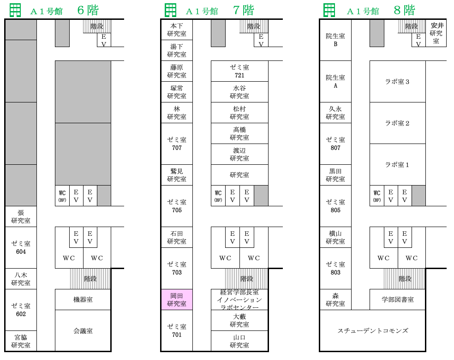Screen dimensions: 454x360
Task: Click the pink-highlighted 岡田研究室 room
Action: tap(177, 300)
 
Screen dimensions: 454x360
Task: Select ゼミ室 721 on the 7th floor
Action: tap(239, 71)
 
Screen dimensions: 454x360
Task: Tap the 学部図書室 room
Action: tap(398, 300)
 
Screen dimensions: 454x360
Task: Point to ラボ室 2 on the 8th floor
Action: tap(398, 123)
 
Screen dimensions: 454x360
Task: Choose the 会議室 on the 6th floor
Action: tap(83, 331)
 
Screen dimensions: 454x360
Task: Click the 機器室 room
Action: tap(83, 300)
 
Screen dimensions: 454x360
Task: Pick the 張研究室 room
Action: tap(21, 216)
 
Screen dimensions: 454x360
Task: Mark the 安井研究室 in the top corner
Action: tap(436, 33)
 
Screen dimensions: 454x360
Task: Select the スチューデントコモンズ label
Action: tap(373, 331)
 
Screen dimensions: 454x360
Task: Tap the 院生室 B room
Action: tap(335, 40)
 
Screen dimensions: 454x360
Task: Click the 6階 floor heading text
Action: tap(88, 11)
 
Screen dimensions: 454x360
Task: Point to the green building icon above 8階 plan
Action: tap(329, 10)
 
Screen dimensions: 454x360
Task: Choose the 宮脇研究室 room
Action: tap(21, 341)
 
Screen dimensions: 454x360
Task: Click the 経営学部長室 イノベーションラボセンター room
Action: tap(239, 300)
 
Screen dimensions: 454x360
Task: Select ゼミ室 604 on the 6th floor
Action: tap(21, 248)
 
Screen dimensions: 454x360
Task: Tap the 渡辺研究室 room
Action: tap(239, 154)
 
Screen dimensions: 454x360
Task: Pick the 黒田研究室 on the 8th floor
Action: tap(335, 175)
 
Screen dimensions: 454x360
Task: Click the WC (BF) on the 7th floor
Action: tap(218, 196)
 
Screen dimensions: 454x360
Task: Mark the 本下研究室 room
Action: tap(177, 30)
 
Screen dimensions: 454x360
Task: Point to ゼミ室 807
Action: tap(335, 144)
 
